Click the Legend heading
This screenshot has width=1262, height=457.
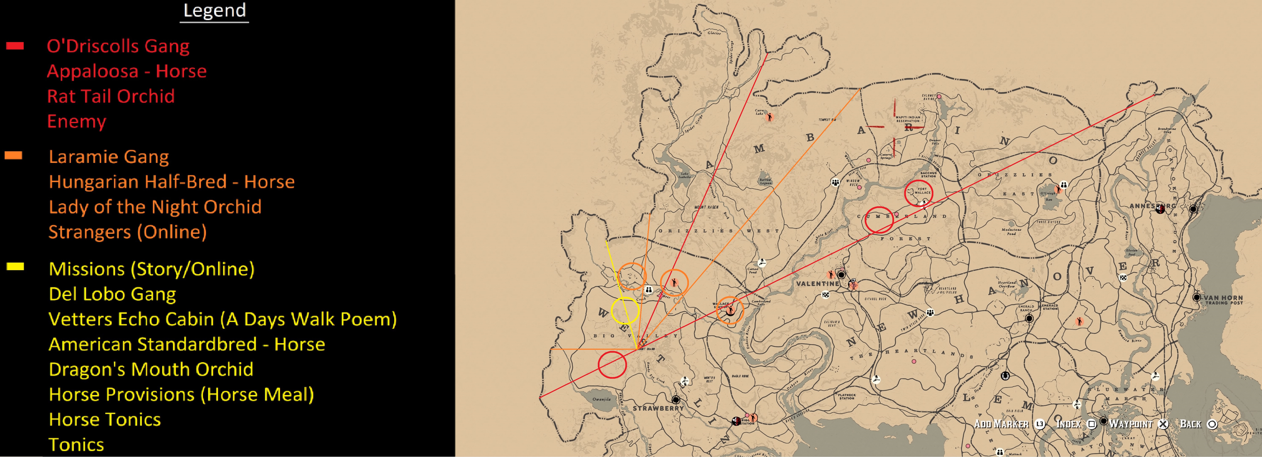tap(215, 10)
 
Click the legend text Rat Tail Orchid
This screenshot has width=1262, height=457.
tap(111, 96)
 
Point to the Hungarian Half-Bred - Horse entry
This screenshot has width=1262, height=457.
tap(171, 182)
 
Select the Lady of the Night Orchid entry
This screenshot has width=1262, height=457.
tap(155, 207)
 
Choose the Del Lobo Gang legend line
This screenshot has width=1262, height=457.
tap(112, 294)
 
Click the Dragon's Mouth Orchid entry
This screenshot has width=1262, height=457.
tap(151, 369)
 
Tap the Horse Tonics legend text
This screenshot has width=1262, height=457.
tap(105, 420)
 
